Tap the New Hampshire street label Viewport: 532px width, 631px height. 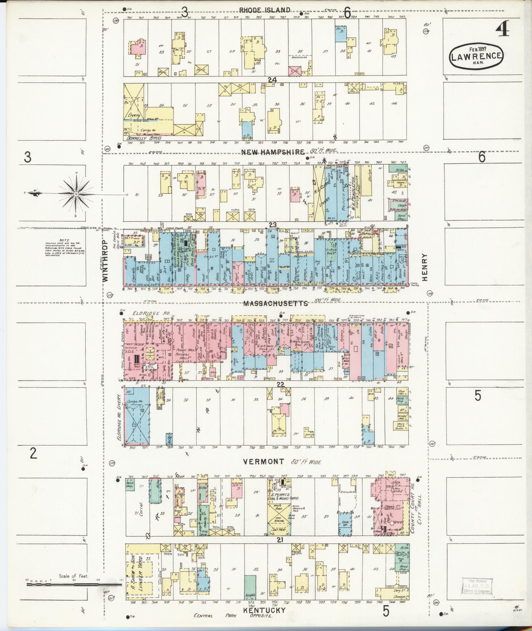(x=273, y=152)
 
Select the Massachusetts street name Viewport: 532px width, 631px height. (x=275, y=303)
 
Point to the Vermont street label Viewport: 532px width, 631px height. (x=263, y=461)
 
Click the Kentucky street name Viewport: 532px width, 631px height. (x=264, y=610)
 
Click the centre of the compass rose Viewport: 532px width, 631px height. (x=76, y=194)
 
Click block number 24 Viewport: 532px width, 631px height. (x=272, y=79)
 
